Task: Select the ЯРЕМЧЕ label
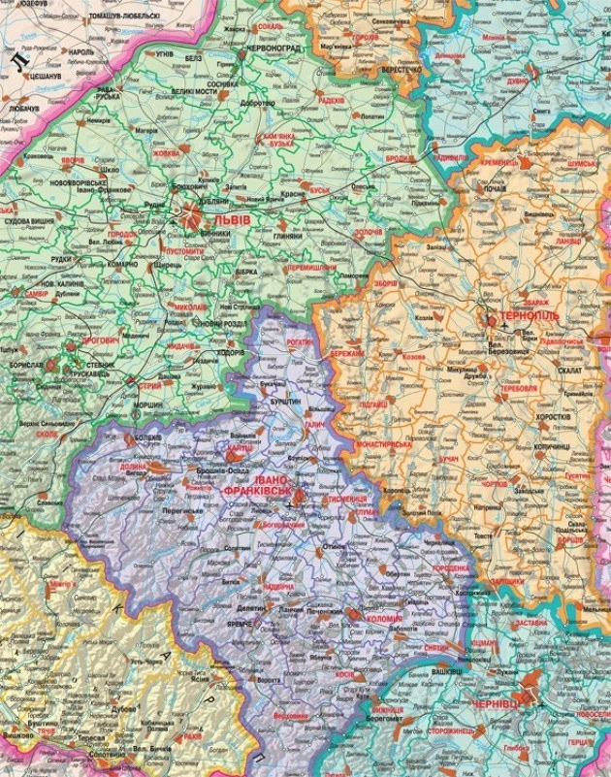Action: click(239, 624)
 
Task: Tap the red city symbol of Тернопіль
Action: click(492, 317)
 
